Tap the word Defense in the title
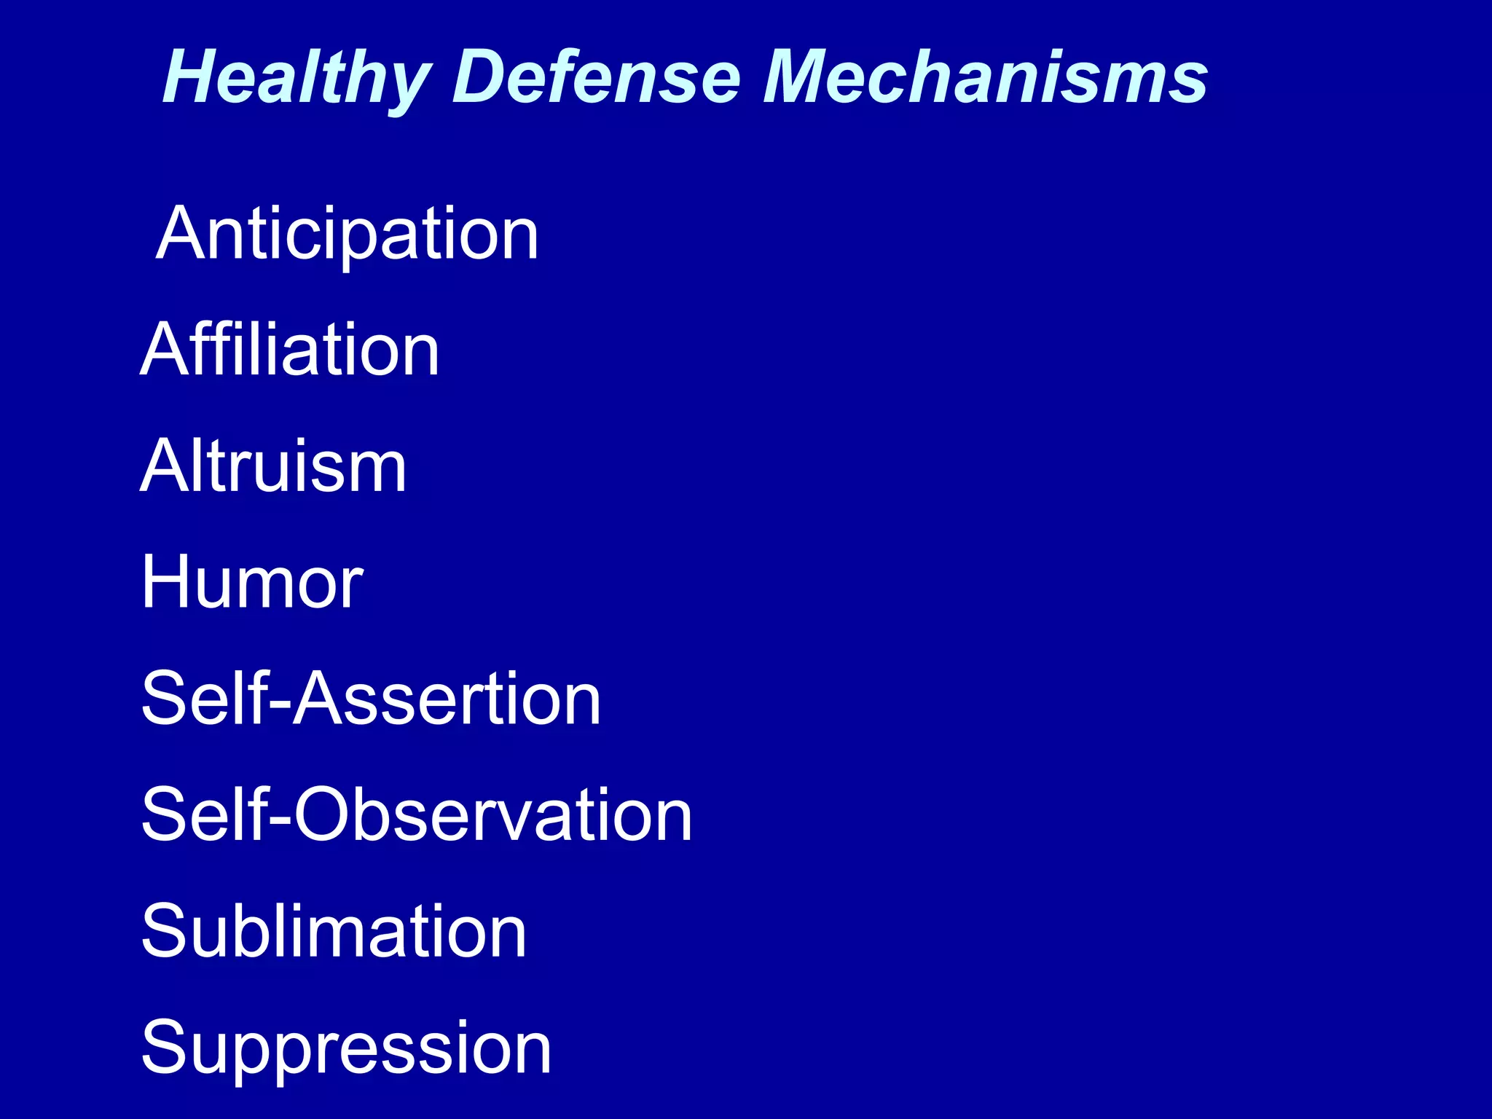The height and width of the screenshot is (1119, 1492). click(x=596, y=77)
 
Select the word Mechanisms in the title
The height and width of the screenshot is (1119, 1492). click(x=986, y=77)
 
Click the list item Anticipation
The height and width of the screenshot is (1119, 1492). click(x=348, y=235)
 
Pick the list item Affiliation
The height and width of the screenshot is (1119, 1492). click(x=290, y=350)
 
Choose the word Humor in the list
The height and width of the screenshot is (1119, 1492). click(x=252, y=582)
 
